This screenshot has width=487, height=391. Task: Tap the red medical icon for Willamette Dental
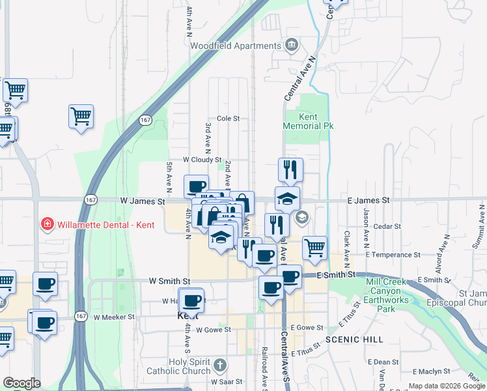click(x=47, y=225)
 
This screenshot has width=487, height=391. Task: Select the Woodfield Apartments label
click(x=234, y=46)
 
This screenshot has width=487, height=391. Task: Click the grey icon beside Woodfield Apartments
click(x=290, y=45)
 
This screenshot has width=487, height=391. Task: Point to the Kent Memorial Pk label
click(x=309, y=121)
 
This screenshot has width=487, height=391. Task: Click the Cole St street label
click(x=229, y=119)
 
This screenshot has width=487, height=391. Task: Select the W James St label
click(x=143, y=201)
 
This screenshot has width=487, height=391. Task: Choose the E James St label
click(x=368, y=201)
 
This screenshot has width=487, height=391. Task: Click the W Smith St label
click(x=169, y=281)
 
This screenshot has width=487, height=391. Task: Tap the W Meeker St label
click(x=114, y=317)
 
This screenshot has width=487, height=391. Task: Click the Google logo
click(x=21, y=383)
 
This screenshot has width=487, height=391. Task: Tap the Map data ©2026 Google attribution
click(x=446, y=386)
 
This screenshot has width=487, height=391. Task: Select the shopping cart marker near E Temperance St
click(x=314, y=247)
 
